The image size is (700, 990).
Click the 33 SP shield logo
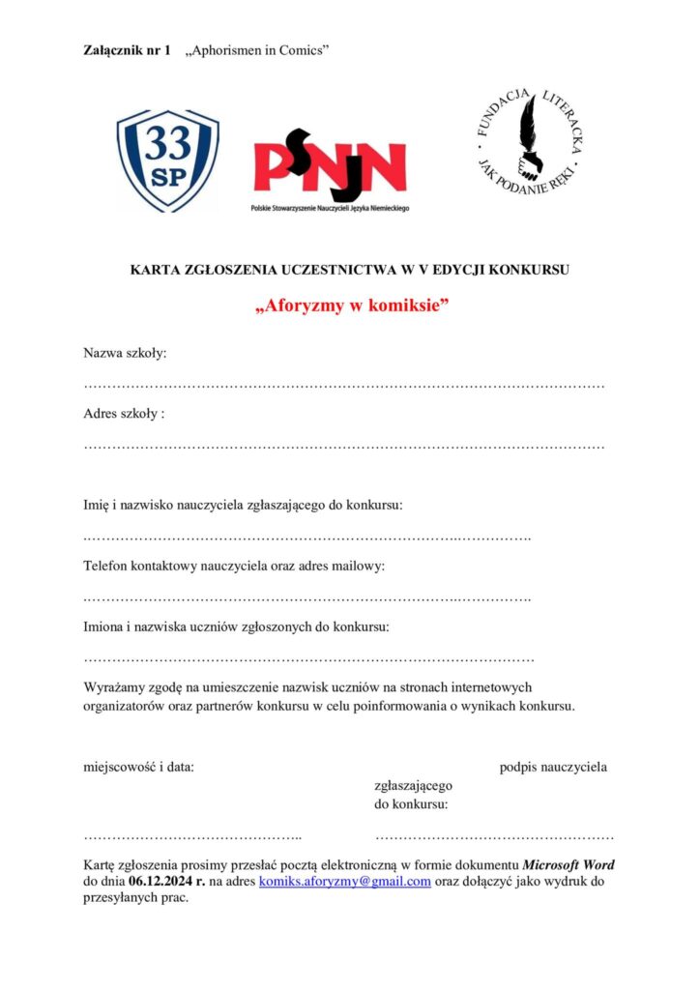coord(167,160)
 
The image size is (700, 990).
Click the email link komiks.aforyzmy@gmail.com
coord(345,881)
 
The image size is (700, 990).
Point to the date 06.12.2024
coord(160,881)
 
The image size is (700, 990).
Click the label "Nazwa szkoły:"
coord(125,353)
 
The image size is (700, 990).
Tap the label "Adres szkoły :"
coord(125,414)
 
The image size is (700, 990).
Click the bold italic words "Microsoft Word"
coord(569,864)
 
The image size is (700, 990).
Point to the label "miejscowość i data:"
coord(138,768)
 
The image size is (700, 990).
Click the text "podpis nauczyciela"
coord(553,768)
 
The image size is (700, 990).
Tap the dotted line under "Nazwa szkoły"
coord(343,386)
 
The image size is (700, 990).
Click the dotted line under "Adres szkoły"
coord(343,447)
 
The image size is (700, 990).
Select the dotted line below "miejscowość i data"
coord(192,834)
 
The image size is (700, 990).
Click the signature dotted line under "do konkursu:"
coord(493,834)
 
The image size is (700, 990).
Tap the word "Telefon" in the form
coord(108,566)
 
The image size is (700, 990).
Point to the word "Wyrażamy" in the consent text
coord(116,687)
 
